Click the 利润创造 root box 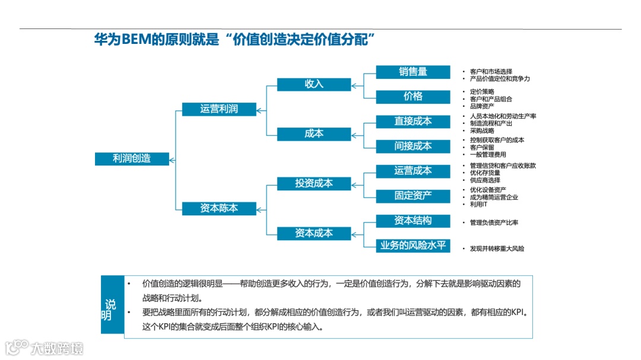click(132, 158)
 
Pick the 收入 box click(313, 84)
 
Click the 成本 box click(313, 134)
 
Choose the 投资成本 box click(313, 183)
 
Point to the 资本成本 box click(313, 233)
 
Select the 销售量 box click(413, 72)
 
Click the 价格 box click(413, 97)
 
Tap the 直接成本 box click(413, 122)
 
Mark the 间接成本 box click(413, 146)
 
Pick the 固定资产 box click(413, 196)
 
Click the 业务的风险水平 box click(413, 245)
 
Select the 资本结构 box click(413, 221)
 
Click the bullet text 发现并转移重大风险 click(497, 249)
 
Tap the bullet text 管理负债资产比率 click(494, 222)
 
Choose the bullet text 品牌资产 click(481, 106)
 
